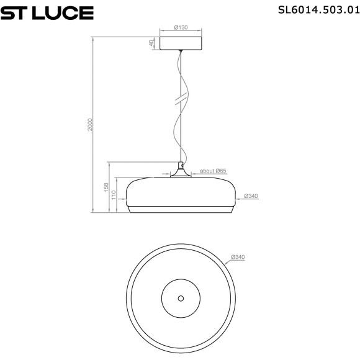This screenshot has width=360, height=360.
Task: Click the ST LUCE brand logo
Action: pyautogui.click(x=47, y=12)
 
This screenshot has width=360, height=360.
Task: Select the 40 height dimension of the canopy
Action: pyautogui.click(x=151, y=43)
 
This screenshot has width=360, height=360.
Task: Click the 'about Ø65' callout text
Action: pyautogui.click(x=213, y=170)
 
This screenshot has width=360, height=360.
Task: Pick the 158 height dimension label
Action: pyautogui.click(x=107, y=187)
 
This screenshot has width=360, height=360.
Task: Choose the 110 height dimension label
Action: pyautogui.click(x=114, y=195)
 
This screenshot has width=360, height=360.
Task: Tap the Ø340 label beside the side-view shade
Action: pyautogui.click(x=251, y=196)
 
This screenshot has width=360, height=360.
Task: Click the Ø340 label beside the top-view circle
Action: pyautogui.click(x=238, y=258)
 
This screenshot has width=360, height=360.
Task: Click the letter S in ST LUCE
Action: pyautogui.click(x=8, y=12)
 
